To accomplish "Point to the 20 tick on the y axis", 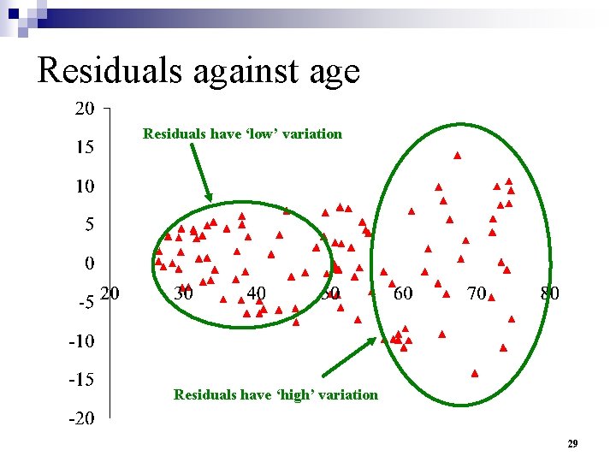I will [x=84, y=109].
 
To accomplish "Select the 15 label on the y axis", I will [x=84, y=147].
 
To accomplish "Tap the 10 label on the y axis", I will [x=84, y=186].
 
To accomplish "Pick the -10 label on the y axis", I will [x=82, y=341].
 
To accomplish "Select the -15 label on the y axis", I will [x=82, y=379].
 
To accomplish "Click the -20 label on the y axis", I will [x=82, y=418].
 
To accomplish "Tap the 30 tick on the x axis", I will [x=183, y=293].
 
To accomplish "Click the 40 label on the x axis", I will [x=256, y=293].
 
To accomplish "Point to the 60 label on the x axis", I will [x=402, y=293].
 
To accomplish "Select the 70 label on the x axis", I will [x=477, y=293].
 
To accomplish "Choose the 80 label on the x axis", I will [x=550, y=293].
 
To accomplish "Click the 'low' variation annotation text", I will [x=242, y=133].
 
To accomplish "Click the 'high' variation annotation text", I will [x=275, y=394].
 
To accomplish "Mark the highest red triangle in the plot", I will [x=458, y=156].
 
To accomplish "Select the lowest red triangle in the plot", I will [x=475, y=373].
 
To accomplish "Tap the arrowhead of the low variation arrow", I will [x=210, y=199].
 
